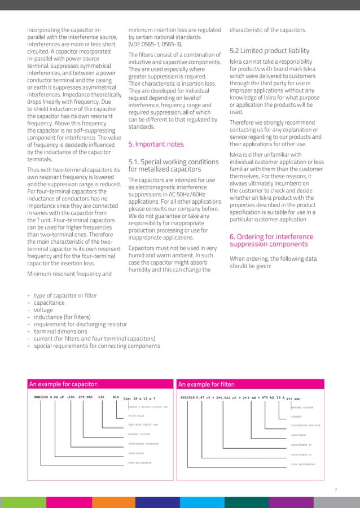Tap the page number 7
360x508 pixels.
click(336, 490)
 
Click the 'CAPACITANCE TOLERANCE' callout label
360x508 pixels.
click(143, 444)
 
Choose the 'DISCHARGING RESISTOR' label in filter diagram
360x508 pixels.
click(305, 425)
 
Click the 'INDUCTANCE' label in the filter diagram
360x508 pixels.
click(298, 435)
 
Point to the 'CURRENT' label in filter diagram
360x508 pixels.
click(296, 417)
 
